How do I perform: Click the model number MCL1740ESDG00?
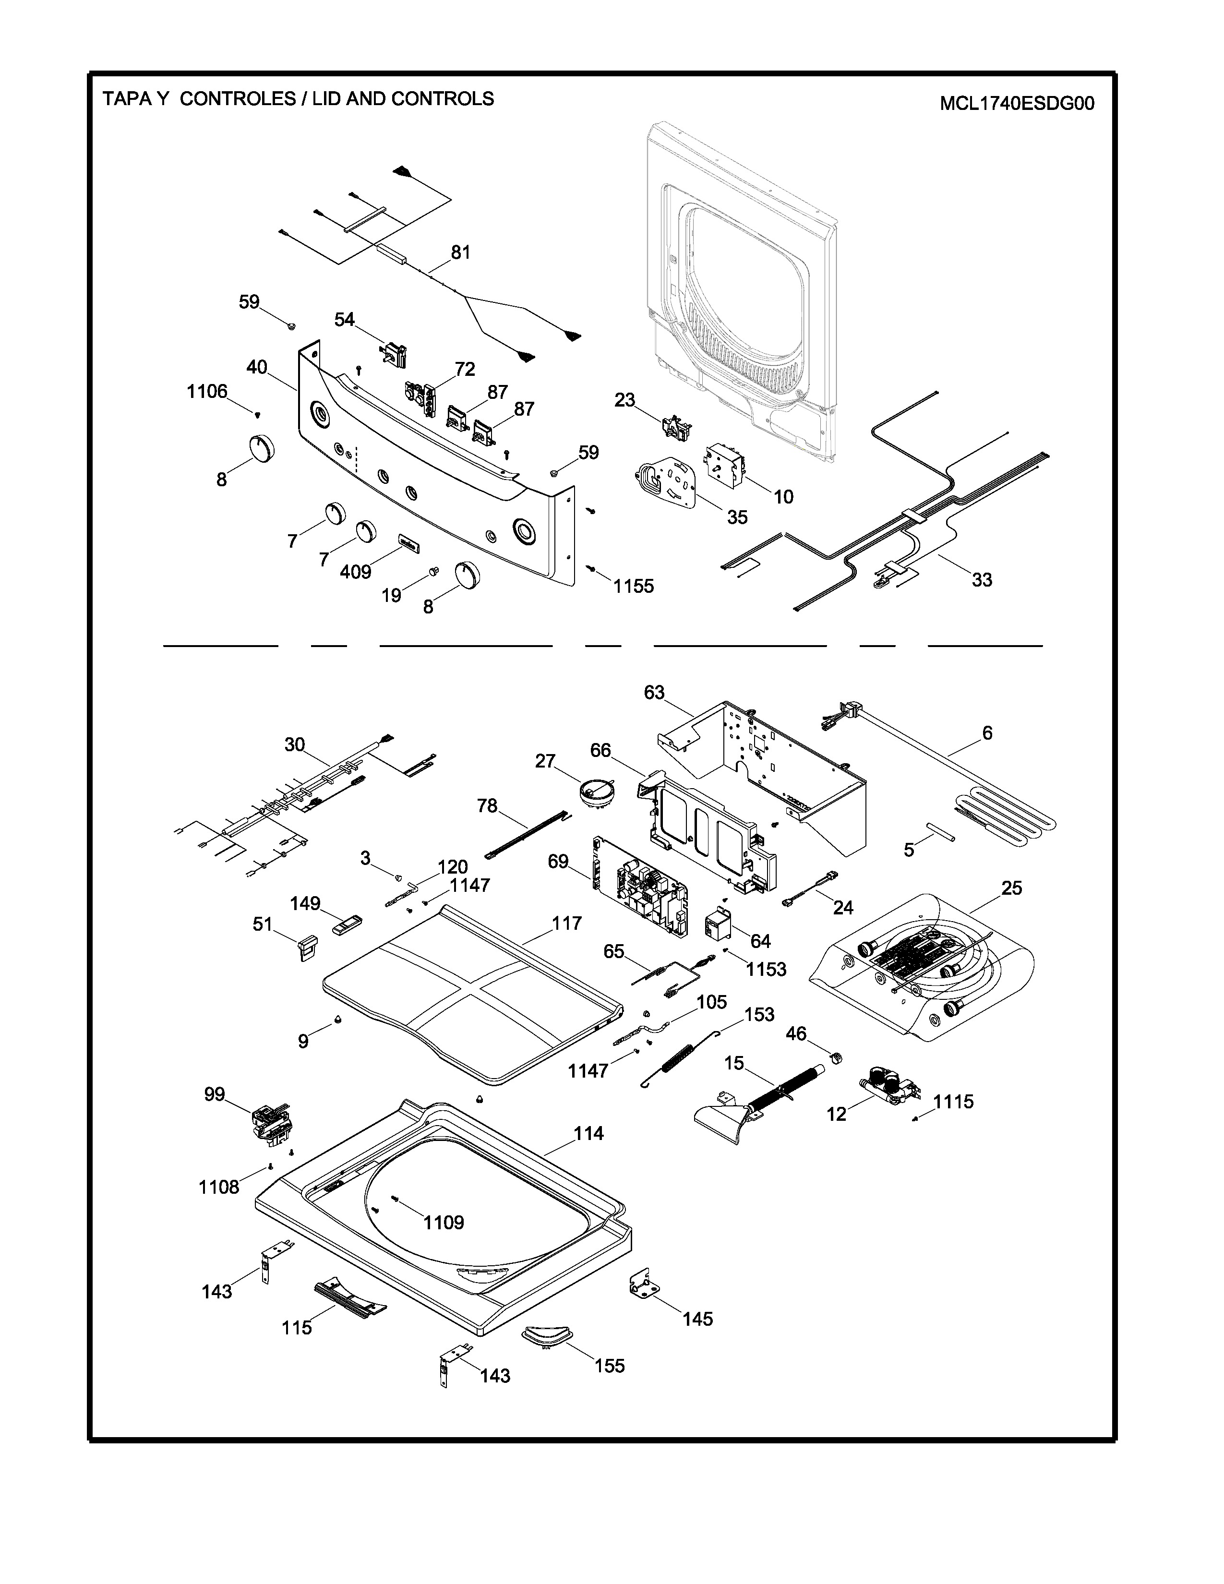(x=1017, y=104)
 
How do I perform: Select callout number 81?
(x=460, y=252)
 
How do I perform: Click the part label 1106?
(x=207, y=392)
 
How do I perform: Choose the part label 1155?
(x=633, y=586)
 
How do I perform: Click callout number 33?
(x=982, y=579)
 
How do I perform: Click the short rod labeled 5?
(x=940, y=831)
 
